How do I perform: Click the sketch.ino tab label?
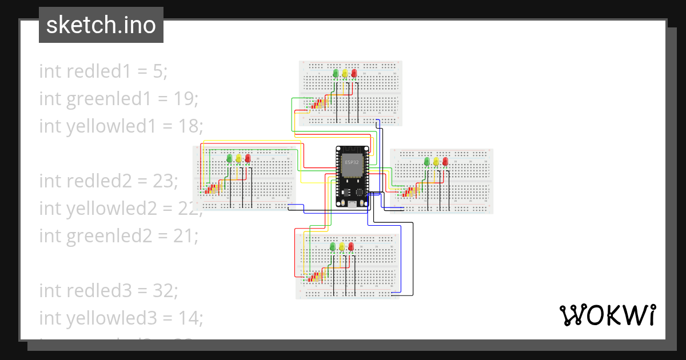point(101,25)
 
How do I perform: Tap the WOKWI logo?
point(607,315)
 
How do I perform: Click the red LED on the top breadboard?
point(354,74)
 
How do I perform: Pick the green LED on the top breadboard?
point(335,74)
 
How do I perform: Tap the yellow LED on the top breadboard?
point(345,74)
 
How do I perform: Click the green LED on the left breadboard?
point(229,158)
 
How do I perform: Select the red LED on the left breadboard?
point(248,158)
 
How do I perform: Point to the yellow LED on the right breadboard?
point(436,162)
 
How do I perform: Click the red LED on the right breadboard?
point(445,162)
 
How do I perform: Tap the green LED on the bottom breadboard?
point(332,247)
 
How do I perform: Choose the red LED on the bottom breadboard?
point(351,247)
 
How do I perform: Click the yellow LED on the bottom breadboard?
point(342,247)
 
